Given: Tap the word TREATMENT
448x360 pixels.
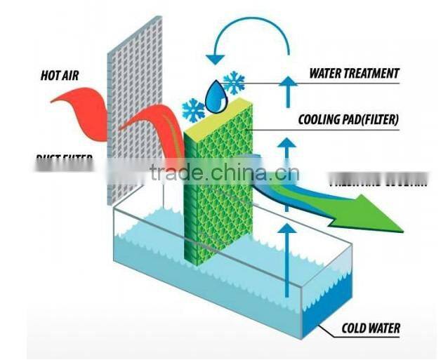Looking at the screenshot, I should pos(374,73).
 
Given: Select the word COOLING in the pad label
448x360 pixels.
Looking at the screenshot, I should pos(319,120).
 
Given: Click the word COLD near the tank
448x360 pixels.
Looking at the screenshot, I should pos(355,328).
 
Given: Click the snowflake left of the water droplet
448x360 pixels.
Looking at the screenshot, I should pos(193,109).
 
